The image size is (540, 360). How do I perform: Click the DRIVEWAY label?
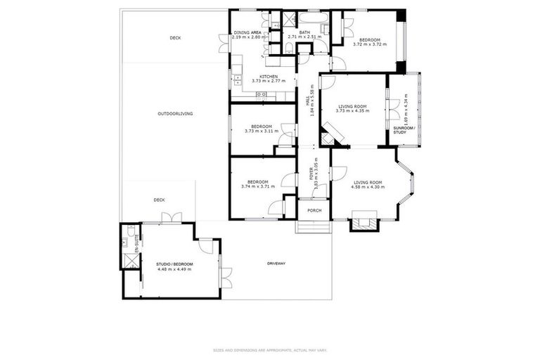tap(276, 264)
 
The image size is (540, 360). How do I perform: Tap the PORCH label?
tap(314, 210)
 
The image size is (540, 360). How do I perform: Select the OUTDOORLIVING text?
tap(175, 113)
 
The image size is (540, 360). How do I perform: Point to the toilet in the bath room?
tap(290, 48)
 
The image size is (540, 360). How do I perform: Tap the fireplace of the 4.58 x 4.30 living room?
tap(364, 223)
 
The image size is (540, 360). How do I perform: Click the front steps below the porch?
tap(313, 229)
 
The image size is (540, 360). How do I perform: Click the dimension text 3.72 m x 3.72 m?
tap(369, 44)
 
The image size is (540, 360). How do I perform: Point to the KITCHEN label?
tap(269, 77)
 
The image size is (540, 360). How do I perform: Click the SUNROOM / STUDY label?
tap(404, 130)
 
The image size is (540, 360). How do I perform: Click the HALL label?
tap(307, 103)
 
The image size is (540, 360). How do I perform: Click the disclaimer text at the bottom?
tap(269, 349)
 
